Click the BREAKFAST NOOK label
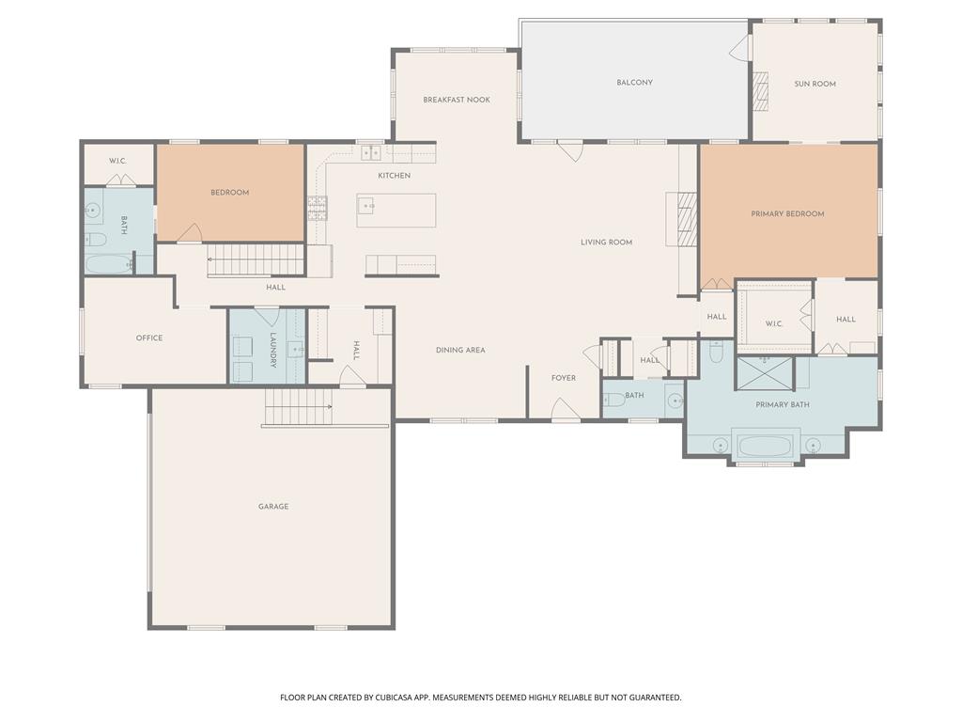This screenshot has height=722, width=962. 457,100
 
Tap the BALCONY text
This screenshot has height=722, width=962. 634,83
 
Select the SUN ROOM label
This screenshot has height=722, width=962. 815,85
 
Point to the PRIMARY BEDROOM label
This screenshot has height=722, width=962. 787,214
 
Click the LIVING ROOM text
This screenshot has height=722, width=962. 606,243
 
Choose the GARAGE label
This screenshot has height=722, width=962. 273,507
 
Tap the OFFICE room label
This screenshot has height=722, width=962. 149,338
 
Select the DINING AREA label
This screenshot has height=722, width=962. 460,351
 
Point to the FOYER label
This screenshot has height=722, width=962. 564,379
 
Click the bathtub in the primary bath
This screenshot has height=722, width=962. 766,444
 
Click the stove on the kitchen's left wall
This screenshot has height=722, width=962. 317,208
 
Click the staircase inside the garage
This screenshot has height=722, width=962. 297,407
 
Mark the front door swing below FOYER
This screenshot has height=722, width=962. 565,410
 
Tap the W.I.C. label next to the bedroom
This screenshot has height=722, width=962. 117,161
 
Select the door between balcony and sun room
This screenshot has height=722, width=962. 741,49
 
